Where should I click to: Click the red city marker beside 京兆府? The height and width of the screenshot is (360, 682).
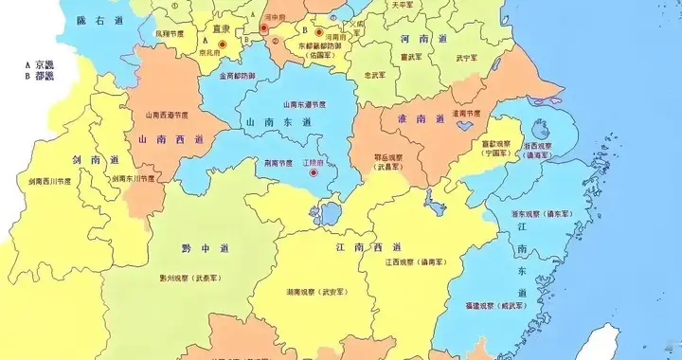click(223, 44)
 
